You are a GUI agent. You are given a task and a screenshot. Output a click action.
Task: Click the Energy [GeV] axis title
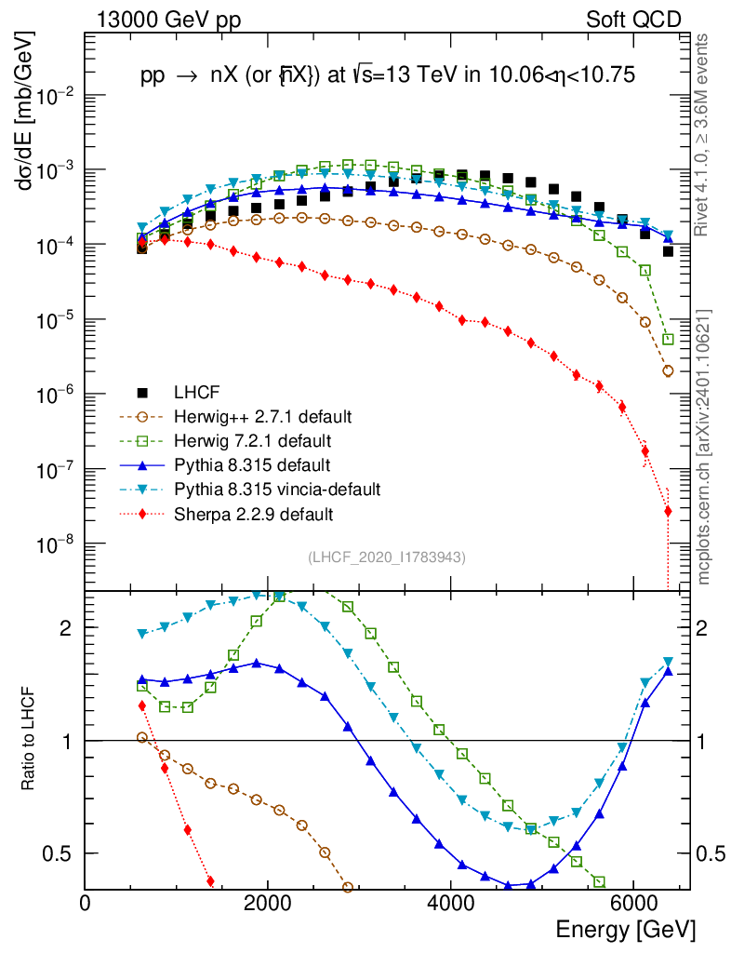pyautogui.click(x=625, y=930)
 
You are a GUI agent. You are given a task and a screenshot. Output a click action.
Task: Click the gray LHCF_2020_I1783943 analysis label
pyautogui.click(x=386, y=557)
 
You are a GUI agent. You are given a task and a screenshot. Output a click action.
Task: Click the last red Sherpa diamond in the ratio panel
pyautogui.click(x=210, y=881)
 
